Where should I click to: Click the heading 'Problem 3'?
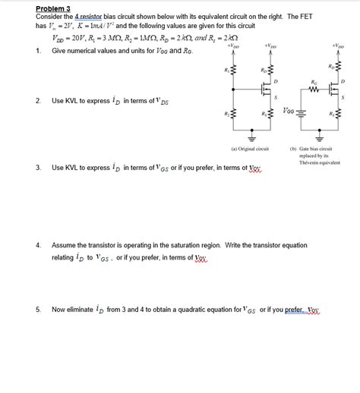[52, 8]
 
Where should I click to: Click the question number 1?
[37, 51]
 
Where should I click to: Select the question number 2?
[37, 100]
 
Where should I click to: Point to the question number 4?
[37, 246]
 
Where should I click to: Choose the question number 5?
[37, 310]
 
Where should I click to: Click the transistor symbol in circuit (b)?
[333, 89]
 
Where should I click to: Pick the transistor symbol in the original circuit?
[266, 89]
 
